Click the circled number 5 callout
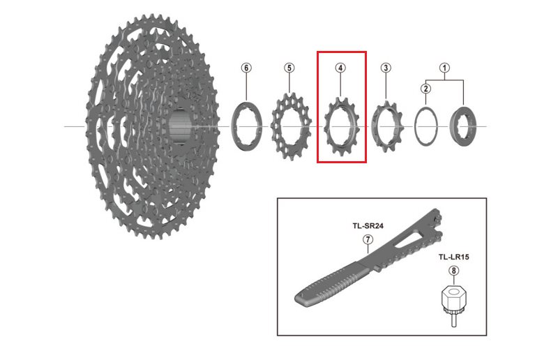[289, 68]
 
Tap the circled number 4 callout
[340, 68]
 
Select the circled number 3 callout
[386, 68]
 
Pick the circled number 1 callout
[444, 68]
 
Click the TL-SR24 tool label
[367, 226]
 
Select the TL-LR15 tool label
[454, 257]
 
